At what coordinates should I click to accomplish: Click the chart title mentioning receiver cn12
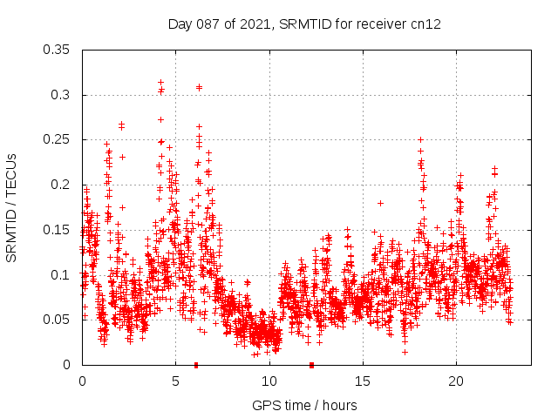[x=304, y=24]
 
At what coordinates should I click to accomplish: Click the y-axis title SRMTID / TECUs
[x=12, y=207]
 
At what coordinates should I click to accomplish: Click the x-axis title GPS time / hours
[x=304, y=405]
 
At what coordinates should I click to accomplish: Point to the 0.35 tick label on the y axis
[x=58, y=50]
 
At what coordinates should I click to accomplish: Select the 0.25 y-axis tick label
[x=58, y=139]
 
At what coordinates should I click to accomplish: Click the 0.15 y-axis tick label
[x=58, y=230]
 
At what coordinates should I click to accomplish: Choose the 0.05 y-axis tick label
[x=58, y=320]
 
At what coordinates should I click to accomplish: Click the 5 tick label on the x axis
[x=175, y=381]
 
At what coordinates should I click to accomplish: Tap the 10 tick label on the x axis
[x=269, y=381]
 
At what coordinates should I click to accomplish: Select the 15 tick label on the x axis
[x=363, y=381]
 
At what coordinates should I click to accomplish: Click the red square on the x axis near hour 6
[x=196, y=365]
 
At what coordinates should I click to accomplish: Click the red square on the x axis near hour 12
[x=311, y=365]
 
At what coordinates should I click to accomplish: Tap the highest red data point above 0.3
[x=160, y=82]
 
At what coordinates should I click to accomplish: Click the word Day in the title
[x=180, y=24]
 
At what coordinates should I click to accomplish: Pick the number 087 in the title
[x=207, y=24]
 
